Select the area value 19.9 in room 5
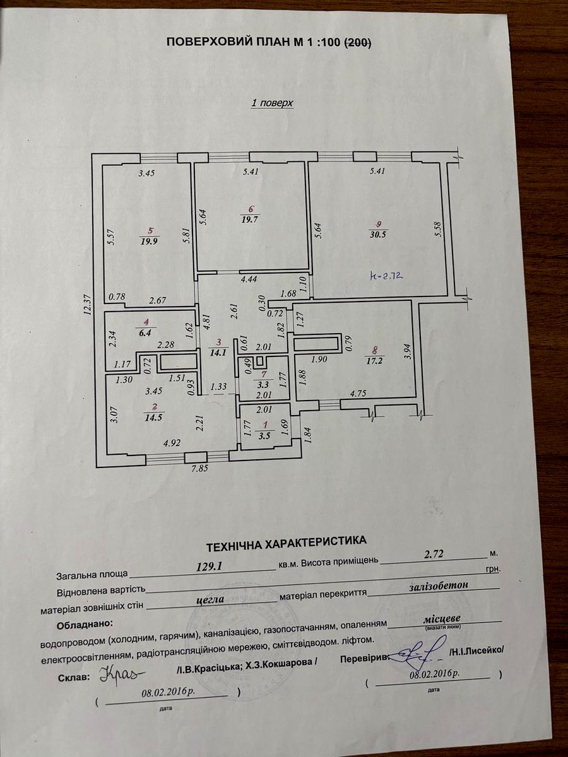point(149,241)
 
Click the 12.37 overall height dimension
point(88,305)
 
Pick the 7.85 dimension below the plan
point(201,468)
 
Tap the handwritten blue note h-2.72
point(386,276)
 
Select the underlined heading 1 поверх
point(273,103)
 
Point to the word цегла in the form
point(210,599)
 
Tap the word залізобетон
point(438,585)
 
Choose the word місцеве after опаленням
point(442,618)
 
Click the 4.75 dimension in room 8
point(357,392)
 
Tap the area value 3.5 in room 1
point(265,435)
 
